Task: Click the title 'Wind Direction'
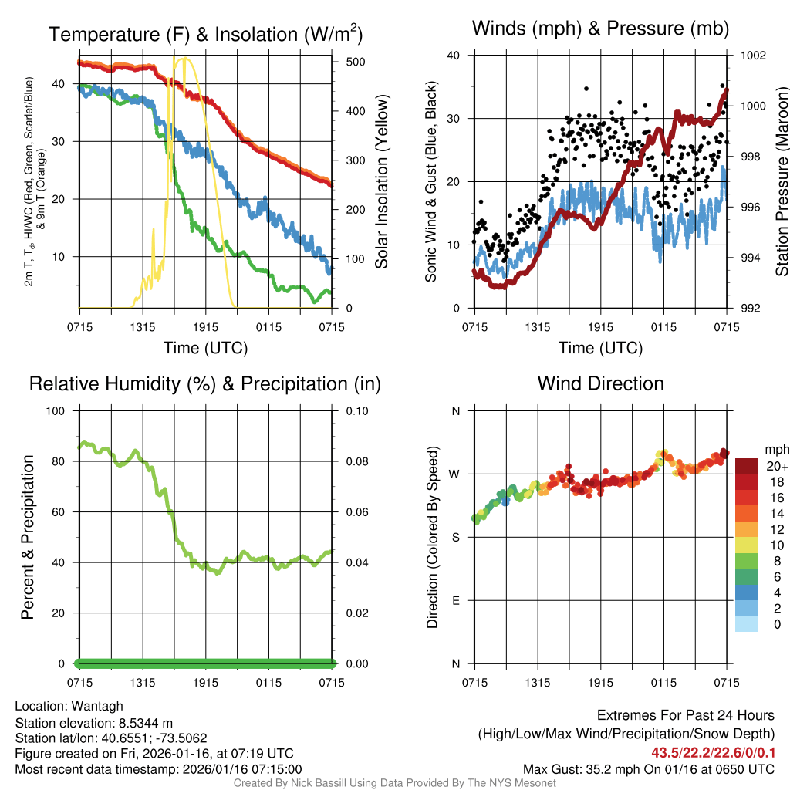point(600,383)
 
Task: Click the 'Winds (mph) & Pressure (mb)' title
point(600,29)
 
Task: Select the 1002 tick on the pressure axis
point(753,56)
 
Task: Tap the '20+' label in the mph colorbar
point(775,466)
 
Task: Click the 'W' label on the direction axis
point(456,474)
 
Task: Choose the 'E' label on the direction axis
point(456,600)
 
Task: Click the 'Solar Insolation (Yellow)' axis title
point(381,182)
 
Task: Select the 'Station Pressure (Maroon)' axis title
point(782,182)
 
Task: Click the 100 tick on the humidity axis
point(58,410)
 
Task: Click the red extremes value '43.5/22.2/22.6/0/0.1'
point(713,752)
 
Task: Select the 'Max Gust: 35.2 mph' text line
point(648,768)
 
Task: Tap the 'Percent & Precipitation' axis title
point(27,537)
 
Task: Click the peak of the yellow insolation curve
point(183,59)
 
